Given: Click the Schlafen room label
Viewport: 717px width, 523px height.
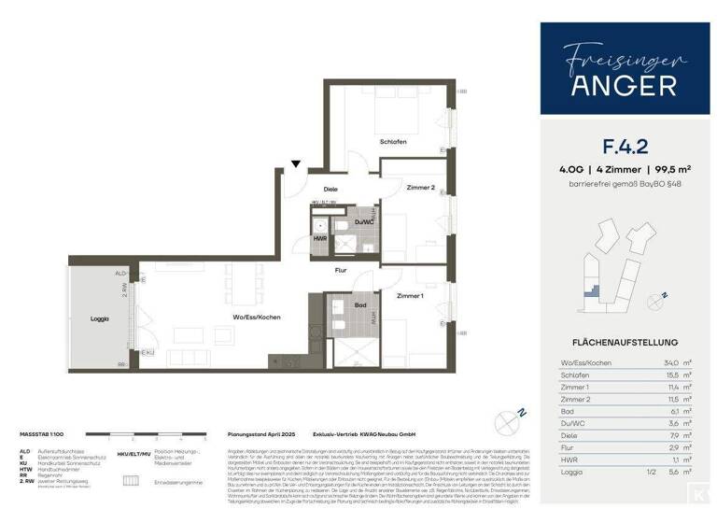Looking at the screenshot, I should [x=393, y=142].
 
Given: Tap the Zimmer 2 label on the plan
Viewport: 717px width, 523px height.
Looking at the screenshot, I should [x=420, y=188].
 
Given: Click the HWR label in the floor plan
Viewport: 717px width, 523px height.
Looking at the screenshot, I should [x=319, y=239].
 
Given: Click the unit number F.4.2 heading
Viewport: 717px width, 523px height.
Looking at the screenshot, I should [x=625, y=146].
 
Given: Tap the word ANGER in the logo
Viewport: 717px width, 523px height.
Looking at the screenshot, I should [x=625, y=86].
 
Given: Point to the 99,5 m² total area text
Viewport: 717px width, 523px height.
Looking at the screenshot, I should [x=670, y=169].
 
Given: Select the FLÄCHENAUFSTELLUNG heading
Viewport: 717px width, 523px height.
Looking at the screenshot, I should [x=625, y=342].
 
